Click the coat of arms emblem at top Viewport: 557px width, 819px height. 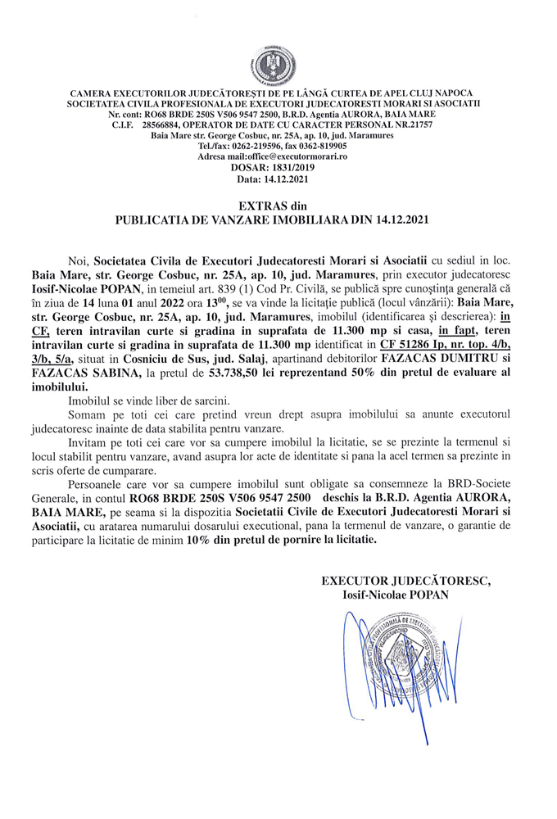click(278, 58)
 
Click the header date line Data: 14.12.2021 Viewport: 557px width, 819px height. click(277, 177)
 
